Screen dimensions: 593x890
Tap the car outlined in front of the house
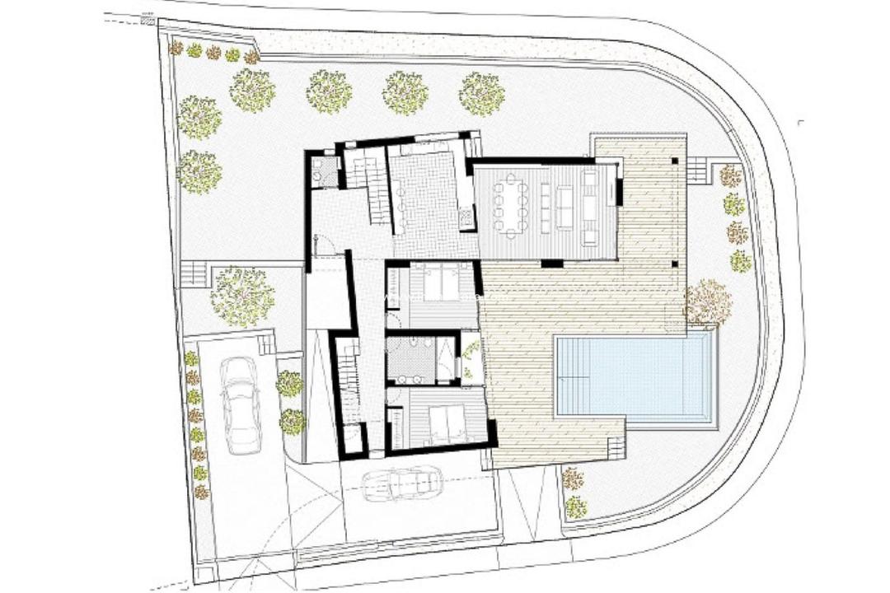[x=402, y=483]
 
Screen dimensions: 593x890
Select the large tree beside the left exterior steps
[x=241, y=296]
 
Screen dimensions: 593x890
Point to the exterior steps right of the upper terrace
[x=698, y=170]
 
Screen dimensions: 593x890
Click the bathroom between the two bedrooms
[x=420, y=360]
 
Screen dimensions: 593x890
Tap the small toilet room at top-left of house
[x=323, y=171]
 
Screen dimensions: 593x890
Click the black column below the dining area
[x=552, y=264]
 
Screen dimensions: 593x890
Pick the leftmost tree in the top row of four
[x=251, y=91]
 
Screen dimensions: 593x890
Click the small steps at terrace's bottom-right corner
[x=616, y=449]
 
